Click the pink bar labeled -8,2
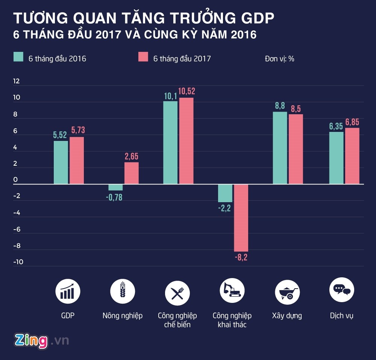241,218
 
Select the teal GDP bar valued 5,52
61,162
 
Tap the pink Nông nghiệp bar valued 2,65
132,173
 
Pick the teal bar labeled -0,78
115,187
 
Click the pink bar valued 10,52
186,141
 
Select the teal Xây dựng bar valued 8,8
280,148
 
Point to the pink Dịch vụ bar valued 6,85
352,156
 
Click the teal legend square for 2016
19,57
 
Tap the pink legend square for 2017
143,57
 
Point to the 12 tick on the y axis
17,82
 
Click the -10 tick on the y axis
18,262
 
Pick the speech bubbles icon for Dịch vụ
342,290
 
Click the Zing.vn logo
41,340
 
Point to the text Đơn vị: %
279,59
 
